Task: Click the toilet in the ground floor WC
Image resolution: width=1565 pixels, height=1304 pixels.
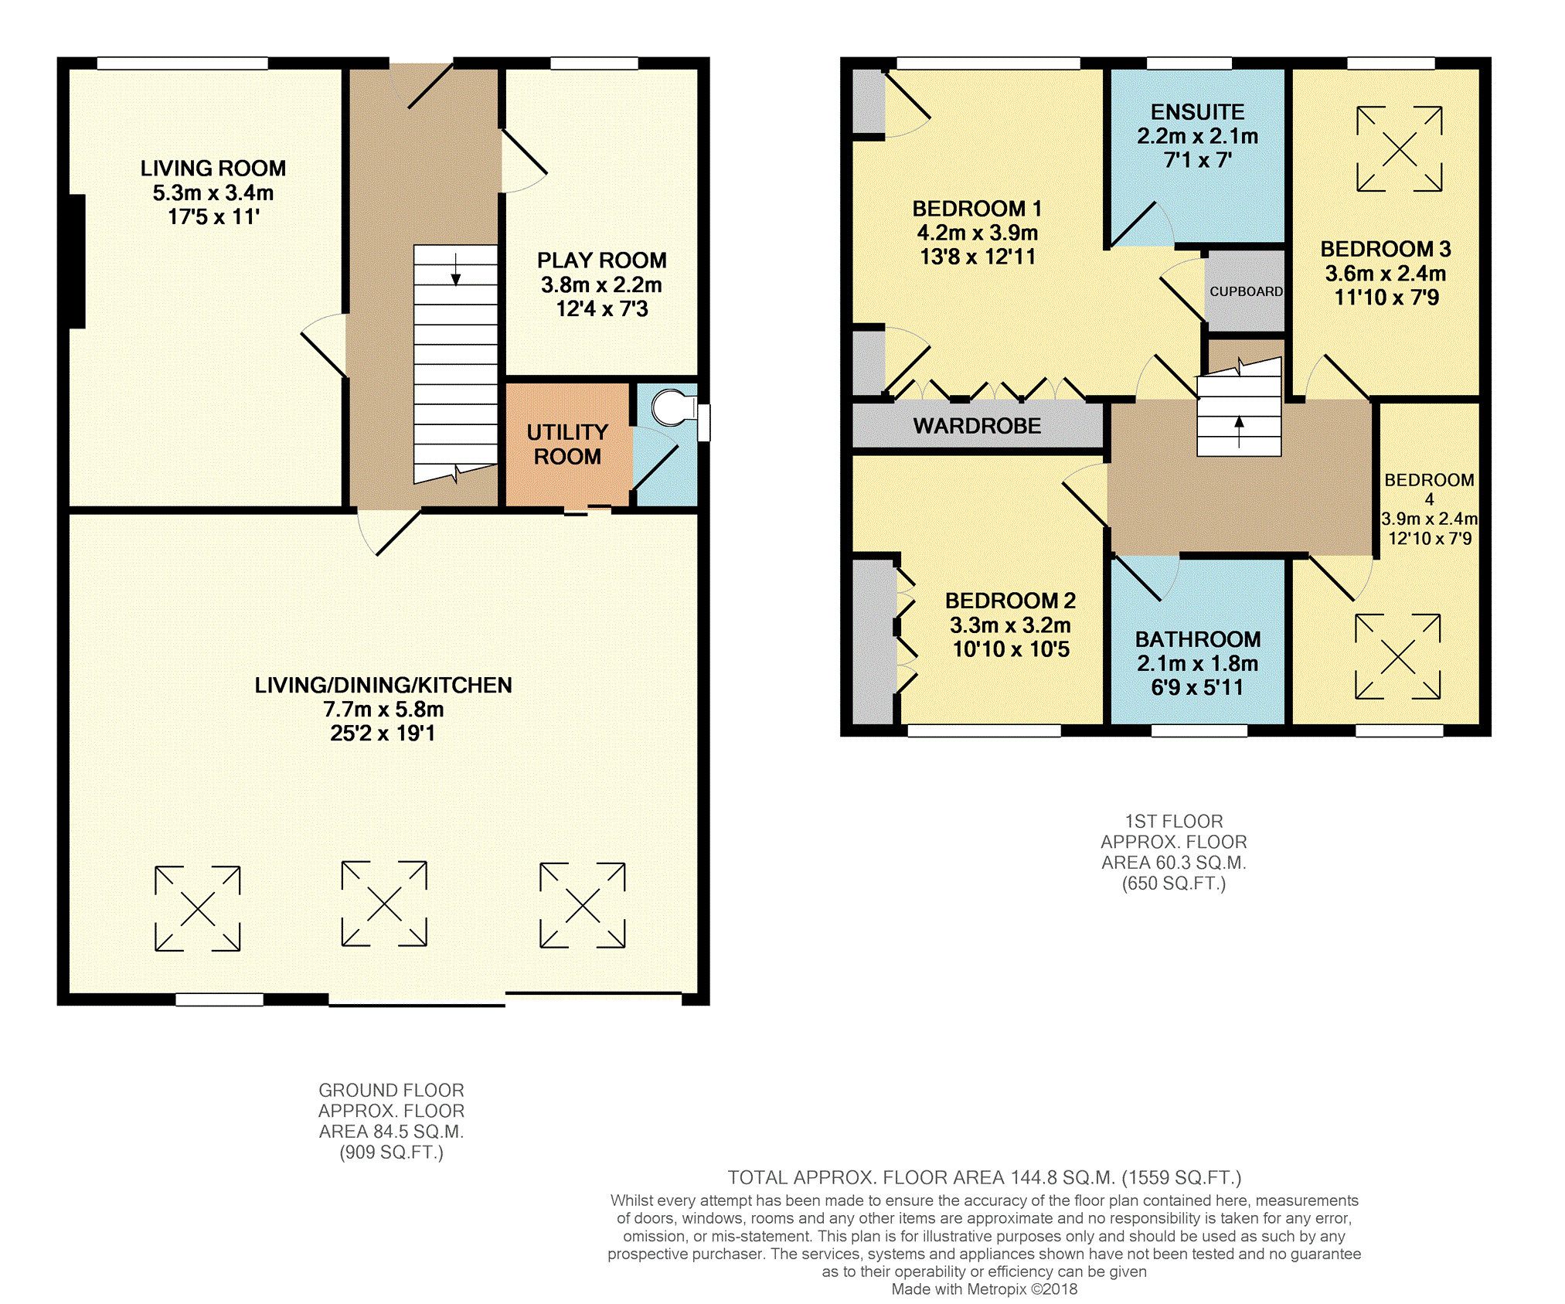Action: (x=673, y=408)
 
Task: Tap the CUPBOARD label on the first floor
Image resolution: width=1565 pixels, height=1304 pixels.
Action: (x=1246, y=291)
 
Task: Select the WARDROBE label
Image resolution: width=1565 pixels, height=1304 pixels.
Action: (x=977, y=426)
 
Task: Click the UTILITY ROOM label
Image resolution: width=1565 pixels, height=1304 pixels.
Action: (x=567, y=444)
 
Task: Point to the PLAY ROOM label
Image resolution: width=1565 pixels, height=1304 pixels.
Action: (x=601, y=260)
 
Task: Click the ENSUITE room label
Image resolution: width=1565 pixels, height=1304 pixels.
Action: (x=1197, y=112)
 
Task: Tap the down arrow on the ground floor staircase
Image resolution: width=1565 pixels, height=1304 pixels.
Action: (x=456, y=269)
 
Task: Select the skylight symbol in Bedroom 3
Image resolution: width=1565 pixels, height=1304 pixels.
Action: (x=1399, y=148)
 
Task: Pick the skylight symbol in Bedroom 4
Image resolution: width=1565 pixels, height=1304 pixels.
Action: (x=1397, y=657)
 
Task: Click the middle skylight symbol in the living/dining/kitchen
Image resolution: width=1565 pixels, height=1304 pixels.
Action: (x=384, y=904)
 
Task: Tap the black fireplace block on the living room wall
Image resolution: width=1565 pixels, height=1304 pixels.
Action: (x=77, y=261)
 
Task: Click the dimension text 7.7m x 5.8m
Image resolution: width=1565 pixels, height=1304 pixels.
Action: (x=383, y=710)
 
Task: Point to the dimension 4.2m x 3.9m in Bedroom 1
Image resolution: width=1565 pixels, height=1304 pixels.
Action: (x=977, y=233)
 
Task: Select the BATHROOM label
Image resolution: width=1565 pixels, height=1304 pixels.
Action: (x=1197, y=639)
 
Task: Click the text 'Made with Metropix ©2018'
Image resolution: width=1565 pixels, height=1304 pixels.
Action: (x=984, y=1289)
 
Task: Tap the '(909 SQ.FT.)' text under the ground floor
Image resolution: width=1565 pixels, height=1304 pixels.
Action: (x=391, y=1152)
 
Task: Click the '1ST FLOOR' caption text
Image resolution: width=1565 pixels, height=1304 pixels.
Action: (x=1173, y=821)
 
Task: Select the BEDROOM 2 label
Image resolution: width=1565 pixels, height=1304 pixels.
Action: (x=1010, y=601)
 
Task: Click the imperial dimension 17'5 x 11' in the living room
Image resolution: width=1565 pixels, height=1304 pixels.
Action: (x=213, y=217)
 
